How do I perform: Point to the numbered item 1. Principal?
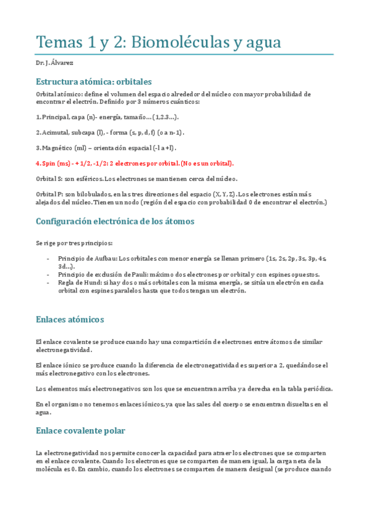click(x=54, y=117)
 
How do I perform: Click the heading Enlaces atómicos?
click(x=70, y=319)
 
